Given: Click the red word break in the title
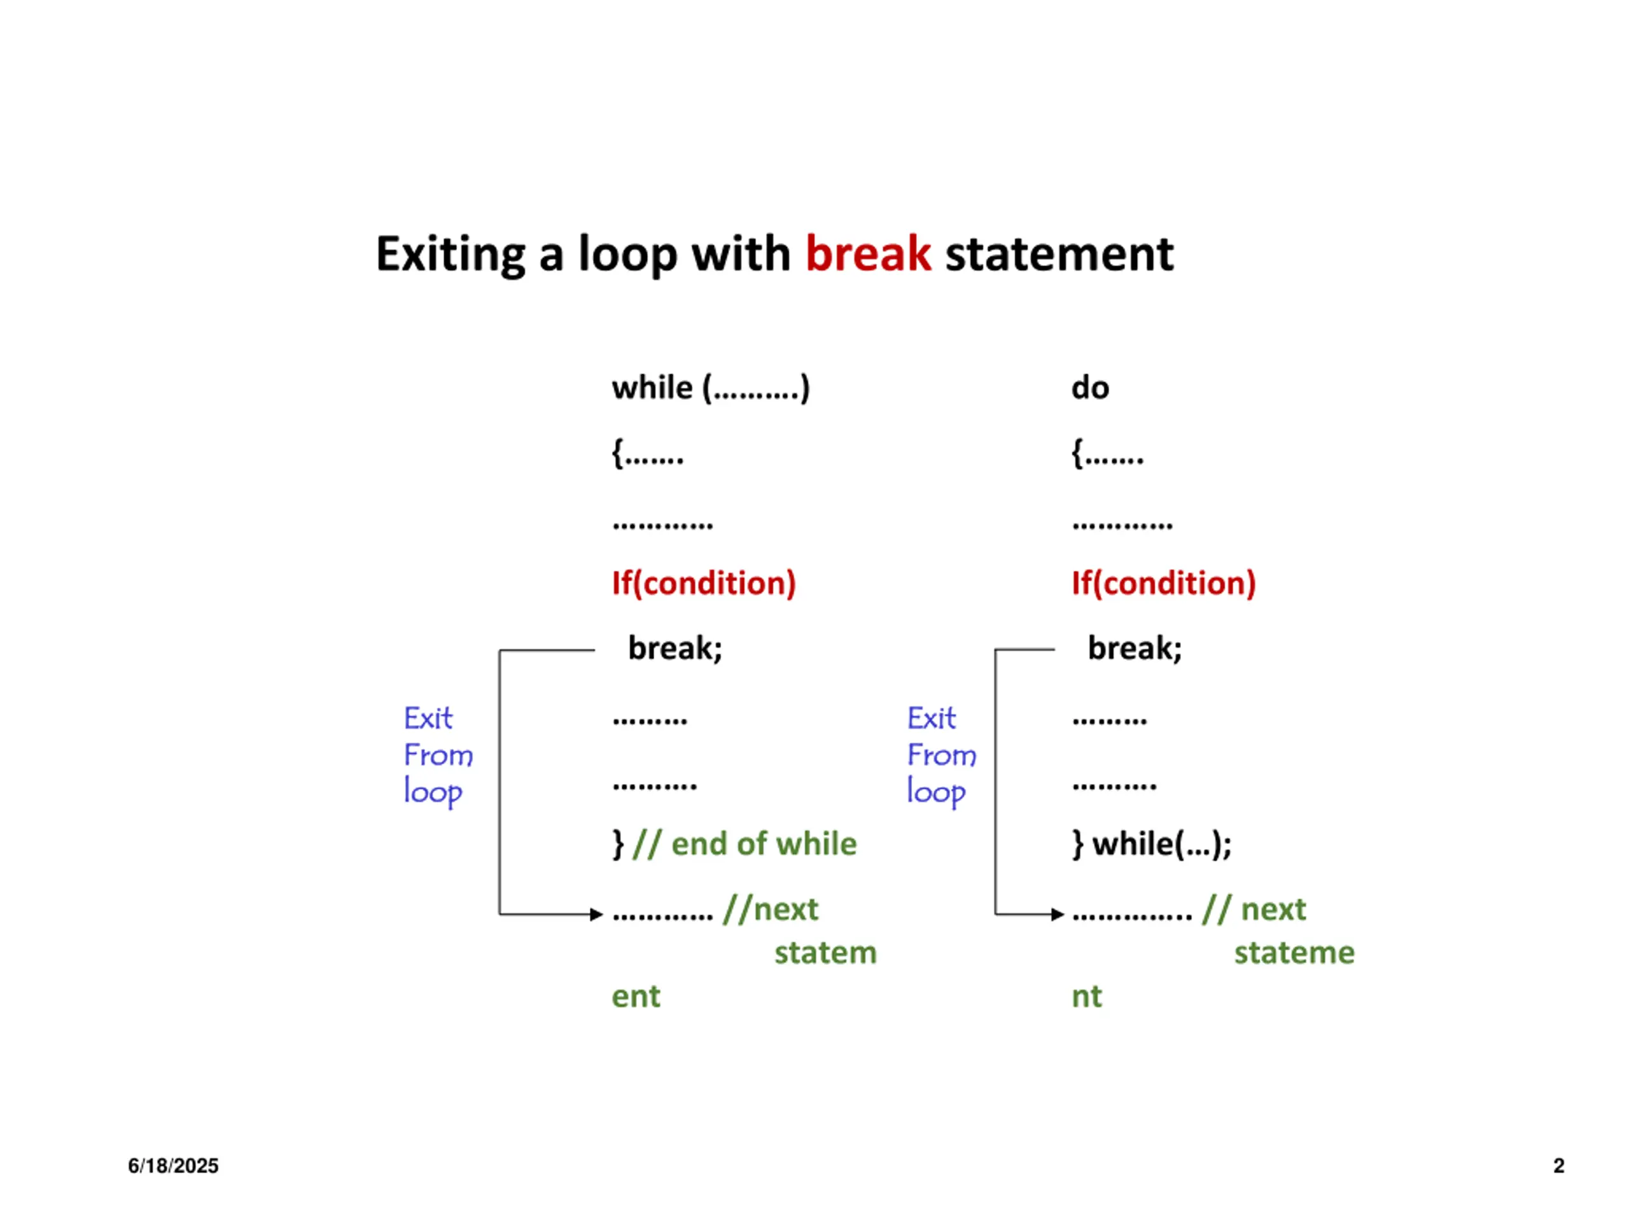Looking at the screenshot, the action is coord(867,254).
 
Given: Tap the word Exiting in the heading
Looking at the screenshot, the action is coord(451,254).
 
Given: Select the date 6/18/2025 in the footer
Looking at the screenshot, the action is coord(173,1165).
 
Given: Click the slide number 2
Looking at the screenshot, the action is coord(1558,1165).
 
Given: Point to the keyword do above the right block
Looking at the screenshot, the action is coord(1090,388).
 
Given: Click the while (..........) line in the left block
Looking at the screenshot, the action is coord(711,388).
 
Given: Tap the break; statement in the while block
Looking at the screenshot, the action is coord(675,648).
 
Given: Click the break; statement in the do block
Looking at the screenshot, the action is coord(1135,648).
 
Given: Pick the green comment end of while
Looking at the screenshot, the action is coord(764,844).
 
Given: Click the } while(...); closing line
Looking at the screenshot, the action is coord(1152,844).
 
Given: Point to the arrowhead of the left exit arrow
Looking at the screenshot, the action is coord(598,915).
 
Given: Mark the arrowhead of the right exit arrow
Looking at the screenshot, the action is coord(1058,915).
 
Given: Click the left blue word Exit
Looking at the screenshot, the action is coord(428,718).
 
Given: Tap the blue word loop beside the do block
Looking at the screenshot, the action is coord(935,792).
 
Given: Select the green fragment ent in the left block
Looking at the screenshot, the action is coord(636,997).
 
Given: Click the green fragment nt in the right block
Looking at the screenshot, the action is coord(1086,997).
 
